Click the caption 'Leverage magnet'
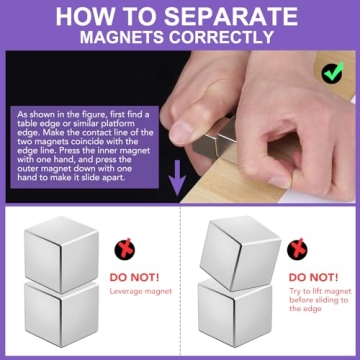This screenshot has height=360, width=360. point(139,291)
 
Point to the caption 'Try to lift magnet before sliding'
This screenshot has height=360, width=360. point(319,300)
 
